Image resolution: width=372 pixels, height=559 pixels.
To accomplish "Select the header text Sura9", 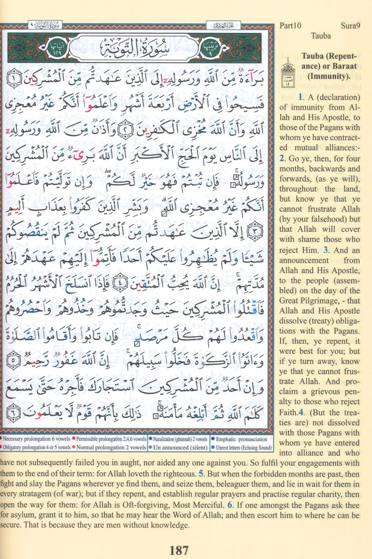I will (x=350, y=26).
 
